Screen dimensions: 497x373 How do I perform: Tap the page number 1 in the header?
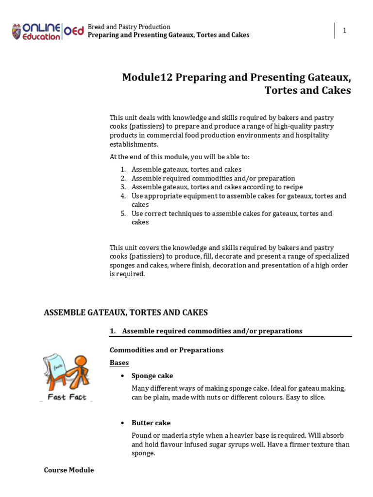pos(344,31)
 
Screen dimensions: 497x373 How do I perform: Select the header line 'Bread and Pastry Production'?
pos(129,27)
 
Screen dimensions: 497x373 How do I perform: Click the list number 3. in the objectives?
pos(123,187)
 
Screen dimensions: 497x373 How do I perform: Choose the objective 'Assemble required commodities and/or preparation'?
pos(213,178)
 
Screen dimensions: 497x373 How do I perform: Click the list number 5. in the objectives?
pos(123,214)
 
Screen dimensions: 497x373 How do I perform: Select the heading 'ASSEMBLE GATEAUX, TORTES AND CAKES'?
pos(126,313)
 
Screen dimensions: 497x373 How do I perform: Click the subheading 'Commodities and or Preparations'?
pos(166,350)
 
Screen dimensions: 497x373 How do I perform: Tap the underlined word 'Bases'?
pos(119,363)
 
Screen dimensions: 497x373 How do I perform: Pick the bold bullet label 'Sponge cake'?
pos(152,376)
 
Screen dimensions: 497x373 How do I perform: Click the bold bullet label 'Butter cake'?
pos(151,423)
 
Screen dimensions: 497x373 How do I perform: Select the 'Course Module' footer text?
pos(68,470)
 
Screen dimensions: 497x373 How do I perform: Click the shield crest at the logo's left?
pos(17,31)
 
